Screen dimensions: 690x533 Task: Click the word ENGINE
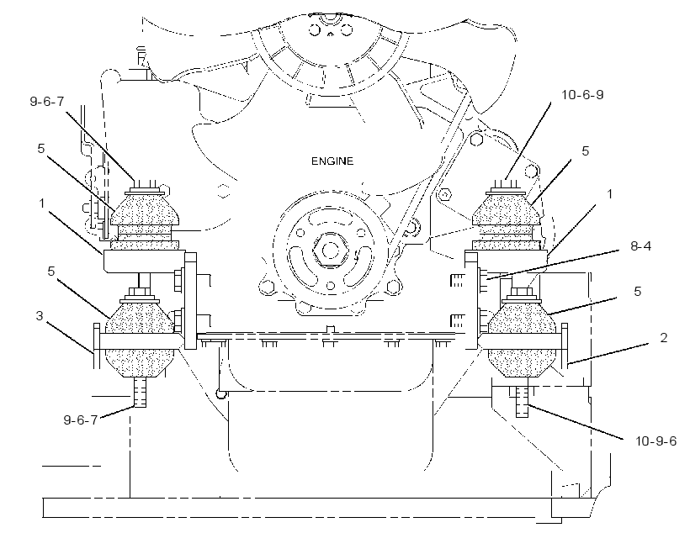(x=332, y=161)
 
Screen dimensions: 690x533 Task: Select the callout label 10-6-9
(x=582, y=94)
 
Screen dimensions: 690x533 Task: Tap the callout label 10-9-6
(x=655, y=441)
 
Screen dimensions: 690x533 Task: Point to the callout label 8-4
(x=640, y=245)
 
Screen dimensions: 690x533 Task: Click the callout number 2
(x=663, y=337)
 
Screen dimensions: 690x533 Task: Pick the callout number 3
(x=40, y=315)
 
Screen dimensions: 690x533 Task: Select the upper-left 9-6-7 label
(x=46, y=101)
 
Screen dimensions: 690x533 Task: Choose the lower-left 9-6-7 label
(x=81, y=420)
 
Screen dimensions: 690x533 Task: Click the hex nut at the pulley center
(x=329, y=251)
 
